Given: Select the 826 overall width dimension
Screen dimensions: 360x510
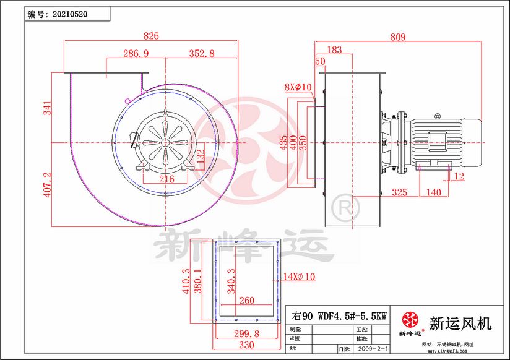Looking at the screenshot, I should point(151,36).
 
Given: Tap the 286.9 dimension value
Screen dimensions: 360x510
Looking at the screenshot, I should point(136,54).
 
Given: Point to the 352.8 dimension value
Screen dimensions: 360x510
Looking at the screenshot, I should point(201,54).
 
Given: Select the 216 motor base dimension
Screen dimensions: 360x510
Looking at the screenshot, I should point(166,179).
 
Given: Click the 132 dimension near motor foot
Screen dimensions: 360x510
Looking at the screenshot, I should point(200,155).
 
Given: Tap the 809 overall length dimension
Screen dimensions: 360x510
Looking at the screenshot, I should point(398,37).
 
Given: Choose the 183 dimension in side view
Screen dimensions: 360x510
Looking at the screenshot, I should point(334,49).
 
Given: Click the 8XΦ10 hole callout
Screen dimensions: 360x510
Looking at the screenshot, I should point(297,87).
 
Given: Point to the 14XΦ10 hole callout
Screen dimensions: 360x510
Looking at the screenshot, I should point(299,277).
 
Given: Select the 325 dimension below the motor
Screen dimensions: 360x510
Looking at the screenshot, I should point(399,192).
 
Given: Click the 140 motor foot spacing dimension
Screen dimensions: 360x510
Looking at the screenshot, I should point(434,192).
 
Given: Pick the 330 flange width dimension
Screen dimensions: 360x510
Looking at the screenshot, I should point(246,345).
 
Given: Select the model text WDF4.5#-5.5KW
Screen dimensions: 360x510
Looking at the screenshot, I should point(352,315).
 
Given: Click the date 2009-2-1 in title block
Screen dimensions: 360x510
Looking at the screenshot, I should point(371,349).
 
